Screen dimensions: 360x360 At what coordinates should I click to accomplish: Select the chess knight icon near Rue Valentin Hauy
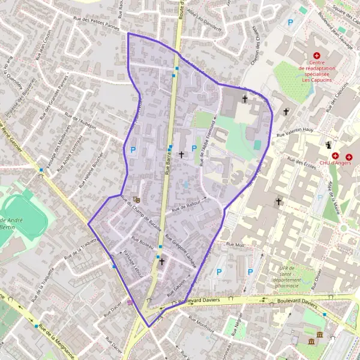click(328, 145)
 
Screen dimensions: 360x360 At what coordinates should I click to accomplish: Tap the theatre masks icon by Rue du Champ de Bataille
click(137, 200)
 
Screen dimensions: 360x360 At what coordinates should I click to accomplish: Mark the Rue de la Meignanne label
click(56, 340)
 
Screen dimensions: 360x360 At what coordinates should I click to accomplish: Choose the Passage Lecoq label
click(130, 262)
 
